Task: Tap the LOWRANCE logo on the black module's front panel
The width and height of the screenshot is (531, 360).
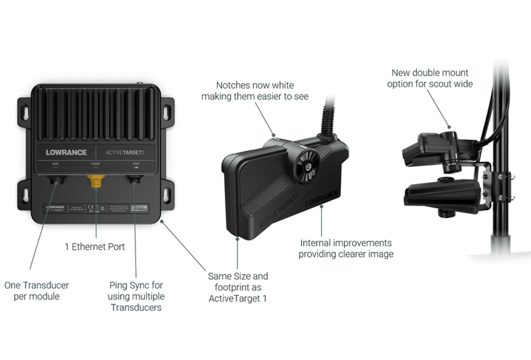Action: [x=66, y=152]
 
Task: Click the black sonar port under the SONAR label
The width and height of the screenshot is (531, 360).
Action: [x=56, y=182]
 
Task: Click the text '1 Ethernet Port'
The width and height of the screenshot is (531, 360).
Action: [x=95, y=247]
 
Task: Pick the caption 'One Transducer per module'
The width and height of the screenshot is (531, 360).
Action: [x=37, y=290]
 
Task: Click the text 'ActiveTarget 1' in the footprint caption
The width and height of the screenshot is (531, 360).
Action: [x=238, y=298]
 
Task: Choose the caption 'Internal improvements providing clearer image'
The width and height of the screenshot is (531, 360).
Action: [x=346, y=248]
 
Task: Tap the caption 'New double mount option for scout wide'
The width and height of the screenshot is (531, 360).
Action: [x=430, y=78]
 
